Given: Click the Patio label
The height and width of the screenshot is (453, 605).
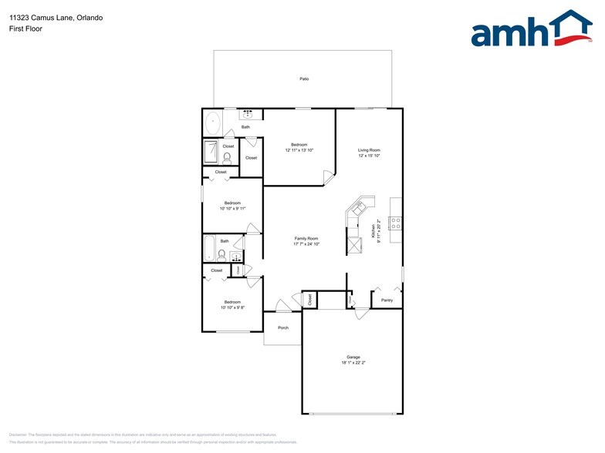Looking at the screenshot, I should tap(304, 79).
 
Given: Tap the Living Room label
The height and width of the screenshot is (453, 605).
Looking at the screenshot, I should tap(369, 150).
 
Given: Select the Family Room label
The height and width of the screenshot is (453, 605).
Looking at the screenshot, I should tap(306, 239).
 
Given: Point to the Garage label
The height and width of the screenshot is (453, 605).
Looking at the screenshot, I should tap(353, 357).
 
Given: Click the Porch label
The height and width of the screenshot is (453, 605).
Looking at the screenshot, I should tap(283, 327).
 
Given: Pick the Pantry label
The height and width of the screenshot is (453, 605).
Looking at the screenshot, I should tap(387, 300).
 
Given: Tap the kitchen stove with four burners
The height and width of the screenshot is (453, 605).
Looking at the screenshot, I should tap(394, 224).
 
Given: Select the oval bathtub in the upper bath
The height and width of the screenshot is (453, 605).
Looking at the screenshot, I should tap(213, 122).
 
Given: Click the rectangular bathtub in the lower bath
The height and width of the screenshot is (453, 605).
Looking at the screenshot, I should tap(209, 248).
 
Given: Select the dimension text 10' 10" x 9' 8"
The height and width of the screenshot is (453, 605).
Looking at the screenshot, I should tap(232, 307).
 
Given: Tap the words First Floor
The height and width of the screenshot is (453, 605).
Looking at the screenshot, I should tap(25, 29).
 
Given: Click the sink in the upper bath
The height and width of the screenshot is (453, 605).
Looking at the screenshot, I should tap(245, 115).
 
